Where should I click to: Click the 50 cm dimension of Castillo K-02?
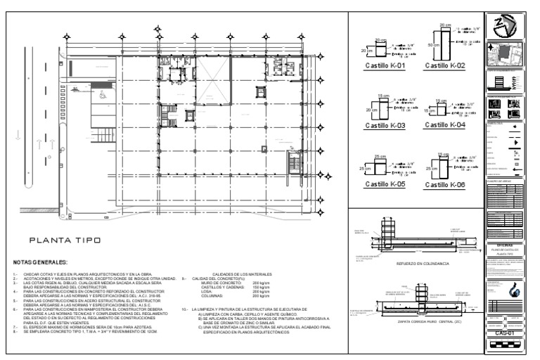click(x=430, y=43)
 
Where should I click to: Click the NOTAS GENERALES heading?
click(x=39, y=262)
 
